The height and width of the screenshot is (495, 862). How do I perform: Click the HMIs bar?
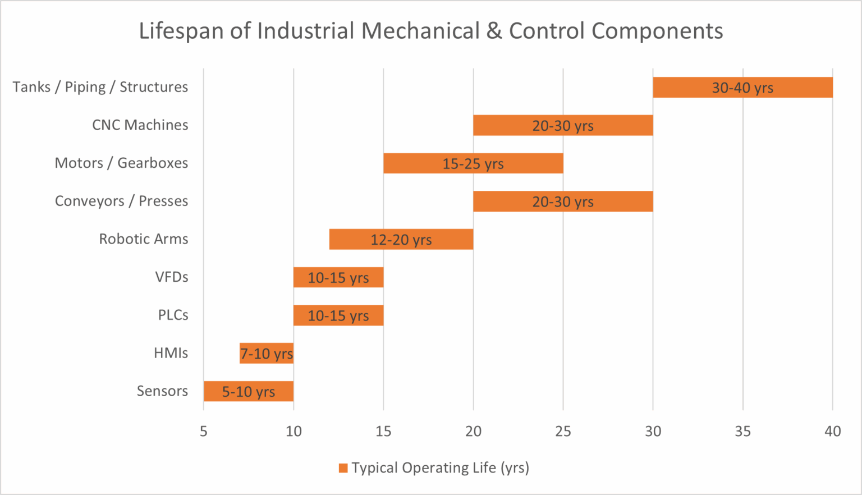(266, 354)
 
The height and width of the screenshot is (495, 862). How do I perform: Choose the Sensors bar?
(248, 391)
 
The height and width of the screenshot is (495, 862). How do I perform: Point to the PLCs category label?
(173, 315)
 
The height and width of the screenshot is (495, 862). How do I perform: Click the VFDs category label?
(172, 277)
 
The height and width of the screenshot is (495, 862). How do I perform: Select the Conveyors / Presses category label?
(121, 201)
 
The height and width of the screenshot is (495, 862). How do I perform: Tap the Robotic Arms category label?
(143, 239)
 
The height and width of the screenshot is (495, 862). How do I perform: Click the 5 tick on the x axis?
(204, 431)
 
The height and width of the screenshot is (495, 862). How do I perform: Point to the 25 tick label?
(563, 431)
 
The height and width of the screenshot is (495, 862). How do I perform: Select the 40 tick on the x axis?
(832, 431)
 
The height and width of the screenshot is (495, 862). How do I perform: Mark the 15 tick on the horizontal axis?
(383, 431)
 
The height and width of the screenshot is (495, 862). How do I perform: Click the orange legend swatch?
(343, 468)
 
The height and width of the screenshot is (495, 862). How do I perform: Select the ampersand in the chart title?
(494, 31)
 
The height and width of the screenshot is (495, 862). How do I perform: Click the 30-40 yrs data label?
(742, 88)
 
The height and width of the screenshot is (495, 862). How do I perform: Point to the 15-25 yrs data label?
(473, 164)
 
